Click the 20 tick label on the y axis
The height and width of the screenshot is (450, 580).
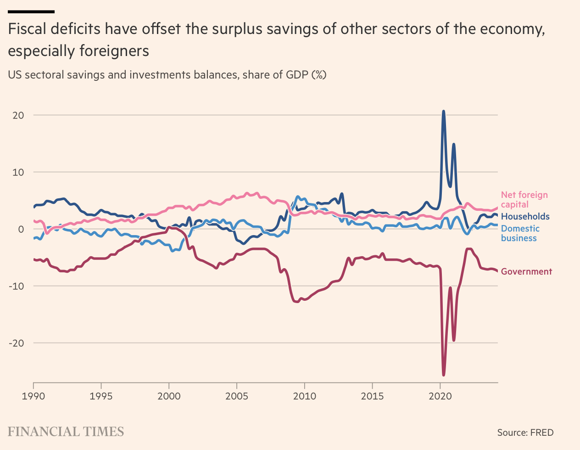[18, 115]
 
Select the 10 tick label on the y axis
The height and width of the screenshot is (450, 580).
[18, 172]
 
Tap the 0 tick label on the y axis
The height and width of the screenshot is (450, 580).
[21, 229]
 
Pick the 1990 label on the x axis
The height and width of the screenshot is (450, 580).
[33, 396]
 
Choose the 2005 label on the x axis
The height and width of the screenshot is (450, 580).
[237, 396]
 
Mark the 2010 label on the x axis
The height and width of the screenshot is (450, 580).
[304, 396]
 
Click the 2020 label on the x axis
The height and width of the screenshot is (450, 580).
[440, 396]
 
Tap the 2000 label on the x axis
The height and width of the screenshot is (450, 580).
[169, 396]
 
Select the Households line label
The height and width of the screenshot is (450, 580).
[525, 216]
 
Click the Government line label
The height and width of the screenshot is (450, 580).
[526, 271]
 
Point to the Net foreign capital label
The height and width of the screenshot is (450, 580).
[524, 200]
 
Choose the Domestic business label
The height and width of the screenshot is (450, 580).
[520, 233]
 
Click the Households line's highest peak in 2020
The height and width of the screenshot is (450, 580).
[443, 111]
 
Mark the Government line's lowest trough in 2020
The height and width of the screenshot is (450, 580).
[443, 375]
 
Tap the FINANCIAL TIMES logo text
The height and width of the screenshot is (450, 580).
[66, 432]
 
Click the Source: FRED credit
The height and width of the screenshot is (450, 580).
[525, 433]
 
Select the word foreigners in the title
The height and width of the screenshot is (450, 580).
[114, 51]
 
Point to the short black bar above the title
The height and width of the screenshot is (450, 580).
[31, 11]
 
